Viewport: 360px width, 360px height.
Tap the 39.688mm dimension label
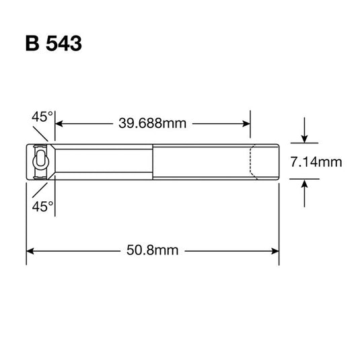click(x=153, y=123)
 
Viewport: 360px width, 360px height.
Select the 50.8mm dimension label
click(x=153, y=250)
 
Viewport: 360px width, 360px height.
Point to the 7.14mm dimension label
click(x=317, y=161)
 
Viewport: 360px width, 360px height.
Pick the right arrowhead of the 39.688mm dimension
click(x=246, y=123)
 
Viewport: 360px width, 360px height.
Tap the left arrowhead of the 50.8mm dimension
click(x=30, y=250)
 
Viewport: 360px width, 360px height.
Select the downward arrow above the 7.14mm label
click(x=305, y=138)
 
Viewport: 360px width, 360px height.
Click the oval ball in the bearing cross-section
click(x=40, y=161)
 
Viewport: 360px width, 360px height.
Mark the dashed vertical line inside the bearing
click(x=251, y=161)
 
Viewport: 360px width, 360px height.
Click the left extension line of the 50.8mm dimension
click(x=26, y=222)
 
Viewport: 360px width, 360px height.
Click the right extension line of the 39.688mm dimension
click(x=251, y=131)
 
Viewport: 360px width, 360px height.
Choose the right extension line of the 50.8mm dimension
click(x=279, y=222)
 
